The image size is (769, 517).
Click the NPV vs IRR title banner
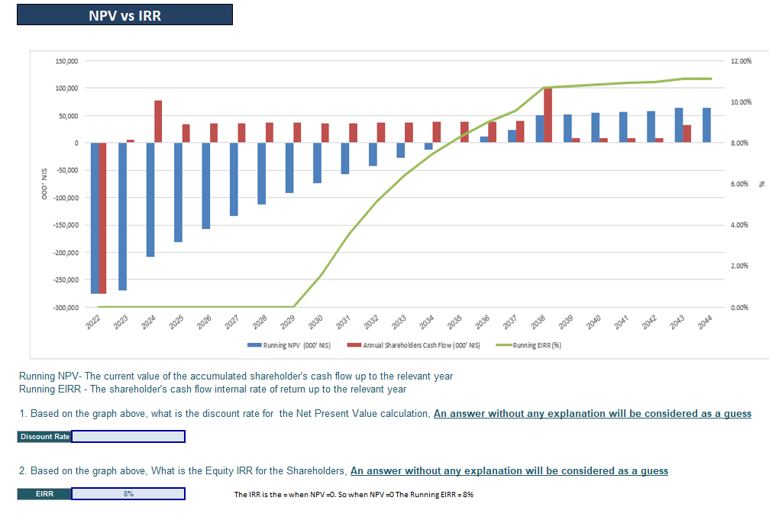[124, 15]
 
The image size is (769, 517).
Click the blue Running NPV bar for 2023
[122, 216]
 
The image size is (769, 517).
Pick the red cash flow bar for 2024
[158, 121]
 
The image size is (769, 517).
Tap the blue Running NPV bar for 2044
[706, 125]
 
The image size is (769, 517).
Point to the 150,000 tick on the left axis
[67, 61]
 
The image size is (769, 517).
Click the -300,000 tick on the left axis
[66, 307]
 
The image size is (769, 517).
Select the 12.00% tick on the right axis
[740, 61]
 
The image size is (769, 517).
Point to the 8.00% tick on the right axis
[740, 143]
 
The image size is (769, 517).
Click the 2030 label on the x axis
[315, 322]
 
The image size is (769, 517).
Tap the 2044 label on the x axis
[704, 322]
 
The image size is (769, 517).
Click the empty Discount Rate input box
[128, 437]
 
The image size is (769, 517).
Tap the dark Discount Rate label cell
[44, 437]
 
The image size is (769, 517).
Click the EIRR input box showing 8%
[128, 494]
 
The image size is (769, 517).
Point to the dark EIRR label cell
[44, 494]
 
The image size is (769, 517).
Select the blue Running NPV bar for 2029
[289, 168]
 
